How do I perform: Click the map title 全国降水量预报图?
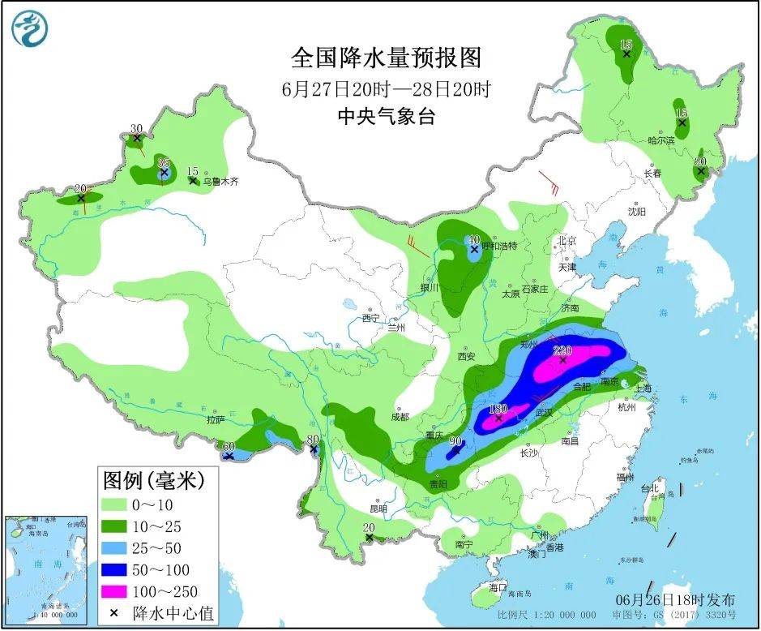[386, 58]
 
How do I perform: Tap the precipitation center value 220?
[562, 350]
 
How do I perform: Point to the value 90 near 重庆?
[455, 441]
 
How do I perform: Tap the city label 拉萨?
[215, 419]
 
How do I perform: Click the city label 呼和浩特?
[499, 245]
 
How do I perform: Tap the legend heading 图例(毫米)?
[153, 480]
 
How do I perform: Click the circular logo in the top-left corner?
[29, 28]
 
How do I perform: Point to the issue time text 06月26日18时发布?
[674, 600]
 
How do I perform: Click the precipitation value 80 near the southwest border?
[312, 440]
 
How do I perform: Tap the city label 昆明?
[378, 509]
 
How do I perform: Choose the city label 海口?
[498, 586]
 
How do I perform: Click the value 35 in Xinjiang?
[163, 162]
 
